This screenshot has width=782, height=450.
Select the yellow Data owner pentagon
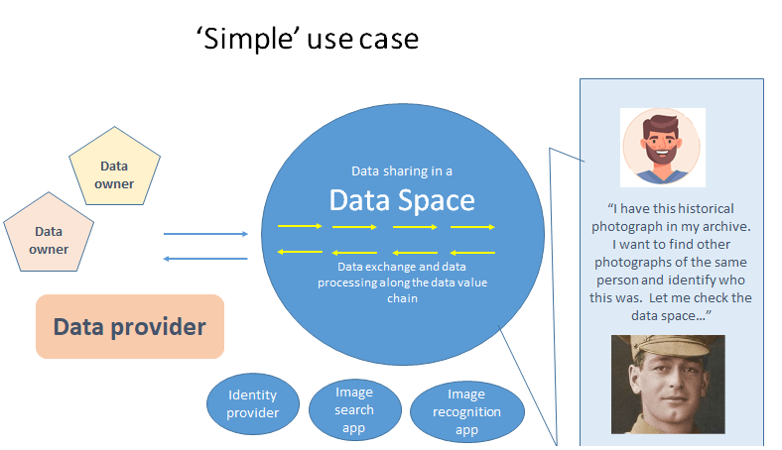coord(116,168)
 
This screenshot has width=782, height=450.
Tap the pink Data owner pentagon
coord(49,239)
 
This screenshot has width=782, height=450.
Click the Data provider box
coord(130,326)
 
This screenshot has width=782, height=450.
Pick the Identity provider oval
coord(253,403)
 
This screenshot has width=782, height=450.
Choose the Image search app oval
coord(354,409)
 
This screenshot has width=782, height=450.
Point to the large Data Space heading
coord(402,201)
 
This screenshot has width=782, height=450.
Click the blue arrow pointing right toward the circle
coord(205,234)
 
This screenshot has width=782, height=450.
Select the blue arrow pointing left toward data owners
coord(205,259)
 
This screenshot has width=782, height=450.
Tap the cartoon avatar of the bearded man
coord(663,147)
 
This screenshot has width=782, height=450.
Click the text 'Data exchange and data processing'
coord(402,276)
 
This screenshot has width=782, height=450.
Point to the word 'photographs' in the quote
coord(636,262)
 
